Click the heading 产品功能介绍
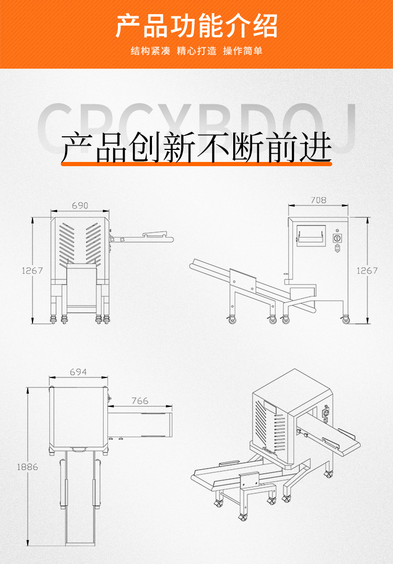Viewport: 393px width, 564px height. coord(196,26)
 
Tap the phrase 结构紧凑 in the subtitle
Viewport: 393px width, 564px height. coord(150,51)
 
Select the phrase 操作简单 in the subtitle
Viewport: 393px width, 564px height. coord(243,51)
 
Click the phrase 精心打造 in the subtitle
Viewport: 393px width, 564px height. coord(196,51)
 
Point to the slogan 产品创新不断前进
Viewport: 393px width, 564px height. coord(196,146)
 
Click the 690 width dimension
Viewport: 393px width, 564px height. coord(80,206)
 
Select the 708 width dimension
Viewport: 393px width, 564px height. coord(318,200)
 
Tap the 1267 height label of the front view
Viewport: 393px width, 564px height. coord(32,271)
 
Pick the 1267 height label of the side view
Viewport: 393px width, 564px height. coord(367,271)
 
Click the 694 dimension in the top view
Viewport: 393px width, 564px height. coord(78,372)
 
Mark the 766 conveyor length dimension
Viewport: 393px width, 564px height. coord(139,401)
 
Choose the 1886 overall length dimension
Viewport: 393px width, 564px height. coord(27,467)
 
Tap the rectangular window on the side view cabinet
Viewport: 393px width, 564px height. coord(311,235)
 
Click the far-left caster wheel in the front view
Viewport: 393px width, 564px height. coord(52,320)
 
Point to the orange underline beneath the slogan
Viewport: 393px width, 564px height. coord(196,164)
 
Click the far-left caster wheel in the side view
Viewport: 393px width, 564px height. coord(231,320)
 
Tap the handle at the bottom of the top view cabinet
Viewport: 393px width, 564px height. coord(80,449)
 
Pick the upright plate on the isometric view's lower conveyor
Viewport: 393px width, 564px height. coord(249,480)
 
